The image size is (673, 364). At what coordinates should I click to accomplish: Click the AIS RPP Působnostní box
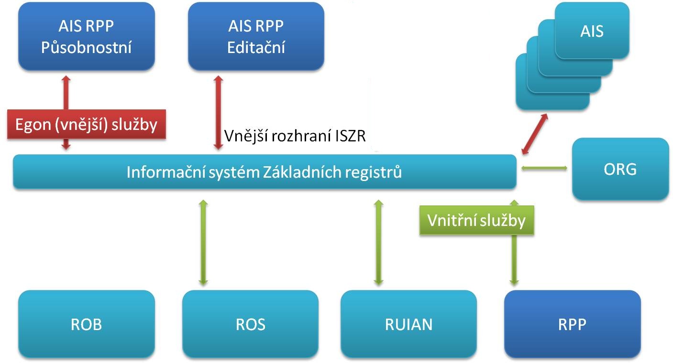pyautogui.click(x=87, y=36)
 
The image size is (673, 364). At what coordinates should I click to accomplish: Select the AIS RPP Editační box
pyautogui.click(x=256, y=36)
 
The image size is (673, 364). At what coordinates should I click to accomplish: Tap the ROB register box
pyautogui.click(x=87, y=324)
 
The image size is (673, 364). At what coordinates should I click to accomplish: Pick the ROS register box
pyautogui.click(x=250, y=324)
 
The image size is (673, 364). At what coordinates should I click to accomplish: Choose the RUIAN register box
pyautogui.click(x=408, y=324)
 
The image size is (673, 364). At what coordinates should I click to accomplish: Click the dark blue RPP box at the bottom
pyautogui.click(x=572, y=324)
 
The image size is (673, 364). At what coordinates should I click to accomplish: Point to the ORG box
pyautogui.click(x=620, y=169)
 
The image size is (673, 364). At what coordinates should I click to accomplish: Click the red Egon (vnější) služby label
pyautogui.click(x=87, y=125)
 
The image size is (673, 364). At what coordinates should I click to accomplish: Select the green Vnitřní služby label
pyautogui.click(x=476, y=220)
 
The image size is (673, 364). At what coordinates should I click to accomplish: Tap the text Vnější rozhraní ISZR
pyautogui.click(x=295, y=137)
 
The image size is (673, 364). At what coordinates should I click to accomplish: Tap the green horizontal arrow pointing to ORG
pyautogui.click(x=544, y=168)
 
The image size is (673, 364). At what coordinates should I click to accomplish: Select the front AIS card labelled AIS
pyautogui.click(x=592, y=31)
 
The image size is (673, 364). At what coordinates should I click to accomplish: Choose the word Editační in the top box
pyautogui.click(x=256, y=48)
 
